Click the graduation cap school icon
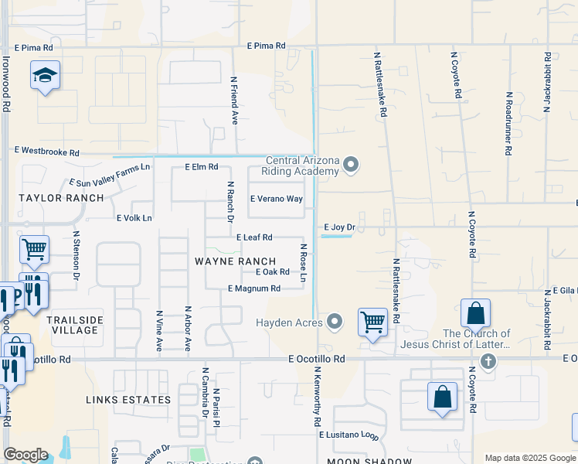coord(46,76)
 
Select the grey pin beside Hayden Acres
coord(335,320)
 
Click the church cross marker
coord(488,361)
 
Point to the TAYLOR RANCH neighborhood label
coord(61,198)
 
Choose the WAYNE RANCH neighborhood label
coord(235,261)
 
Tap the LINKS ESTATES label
coord(128,400)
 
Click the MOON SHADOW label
coord(369,462)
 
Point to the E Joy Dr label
coord(338,227)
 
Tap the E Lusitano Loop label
coord(349,435)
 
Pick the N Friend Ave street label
coord(234,100)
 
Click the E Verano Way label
coord(276,199)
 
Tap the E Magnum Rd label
coord(253,288)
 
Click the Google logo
coord(25,455)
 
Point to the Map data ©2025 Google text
coord(529,458)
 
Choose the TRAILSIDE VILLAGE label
coord(73,325)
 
